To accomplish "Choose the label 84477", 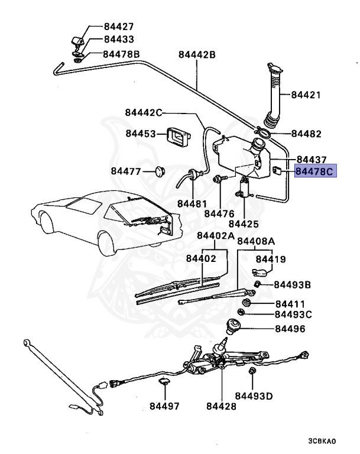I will (x=126, y=171).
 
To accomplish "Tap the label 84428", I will (x=221, y=407).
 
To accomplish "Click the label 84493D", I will (x=254, y=395).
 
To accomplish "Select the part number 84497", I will (x=164, y=407).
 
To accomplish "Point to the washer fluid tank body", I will (x=236, y=157).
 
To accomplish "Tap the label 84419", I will (x=271, y=259).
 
